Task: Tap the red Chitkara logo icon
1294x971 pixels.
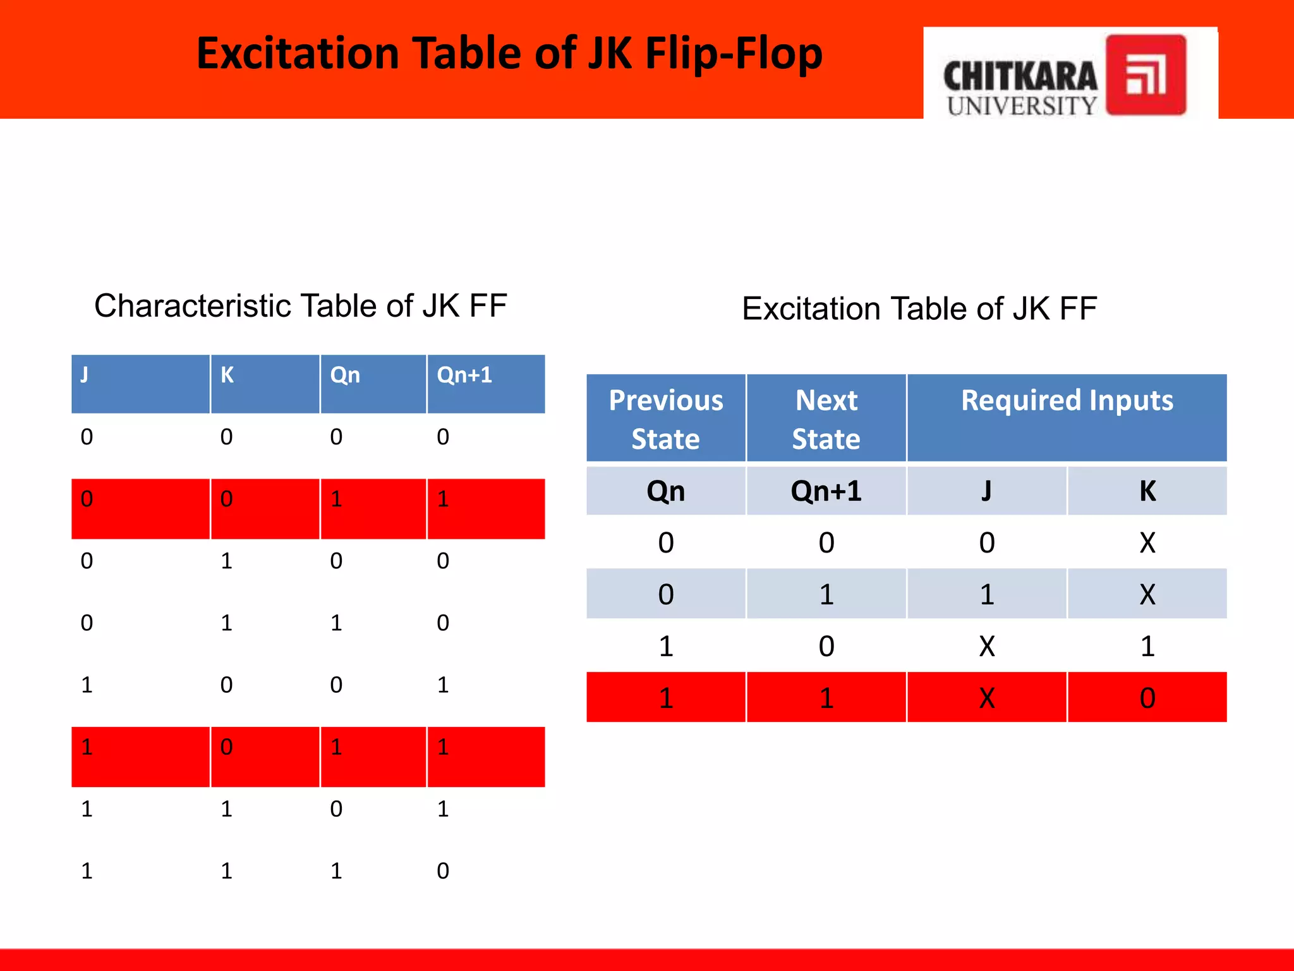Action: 1146,75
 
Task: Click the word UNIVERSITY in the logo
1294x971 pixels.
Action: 1022,106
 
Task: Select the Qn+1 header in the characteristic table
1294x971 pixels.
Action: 464,376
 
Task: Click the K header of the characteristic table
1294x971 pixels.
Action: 227,376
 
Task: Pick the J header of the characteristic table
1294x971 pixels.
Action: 85,376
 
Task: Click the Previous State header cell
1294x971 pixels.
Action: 666,419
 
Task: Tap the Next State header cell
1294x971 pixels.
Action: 826,419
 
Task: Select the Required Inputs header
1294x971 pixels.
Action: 1067,401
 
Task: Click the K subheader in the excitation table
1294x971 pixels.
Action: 1147,491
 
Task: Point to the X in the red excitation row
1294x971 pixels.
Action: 986,699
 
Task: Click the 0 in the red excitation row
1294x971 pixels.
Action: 1147,699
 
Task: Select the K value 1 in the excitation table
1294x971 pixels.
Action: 1147,647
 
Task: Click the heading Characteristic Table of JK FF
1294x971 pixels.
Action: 301,306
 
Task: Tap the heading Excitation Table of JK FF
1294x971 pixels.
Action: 919,309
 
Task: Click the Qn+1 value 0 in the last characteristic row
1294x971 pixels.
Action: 443,871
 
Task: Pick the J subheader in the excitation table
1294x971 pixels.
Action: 986,491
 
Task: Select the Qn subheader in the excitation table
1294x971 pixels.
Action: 666,491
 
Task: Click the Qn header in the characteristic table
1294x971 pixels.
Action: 345,376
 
